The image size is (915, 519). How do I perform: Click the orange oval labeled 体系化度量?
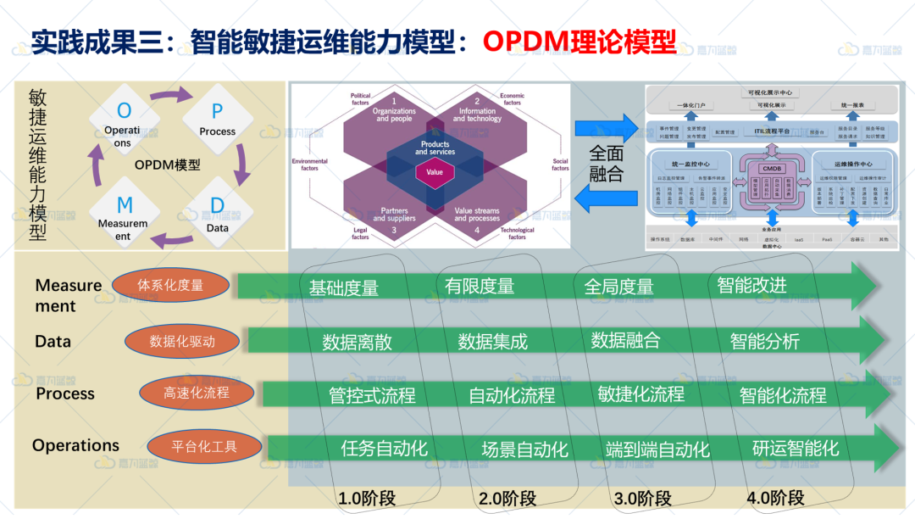pyautogui.click(x=170, y=286)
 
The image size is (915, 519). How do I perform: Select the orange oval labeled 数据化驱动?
pyautogui.click(x=182, y=342)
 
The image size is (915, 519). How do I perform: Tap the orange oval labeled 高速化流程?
pyautogui.click(x=197, y=393)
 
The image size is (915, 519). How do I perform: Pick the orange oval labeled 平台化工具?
pyautogui.click(x=204, y=446)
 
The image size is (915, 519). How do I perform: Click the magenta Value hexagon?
pyautogui.click(x=435, y=172)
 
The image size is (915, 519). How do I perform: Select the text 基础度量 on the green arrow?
pyautogui.click(x=343, y=288)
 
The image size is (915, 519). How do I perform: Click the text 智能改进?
pyautogui.click(x=751, y=285)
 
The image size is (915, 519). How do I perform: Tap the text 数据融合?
pyautogui.click(x=625, y=341)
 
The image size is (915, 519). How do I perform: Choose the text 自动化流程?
pyautogui.click(x=512, y=395)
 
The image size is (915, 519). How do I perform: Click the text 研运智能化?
pyautogui.click(x=796, y=447)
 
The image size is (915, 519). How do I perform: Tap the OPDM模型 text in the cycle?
pyautogui.click(x=168, y=165)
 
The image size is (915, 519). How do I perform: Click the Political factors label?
pyautogui.click(x=360, y=100)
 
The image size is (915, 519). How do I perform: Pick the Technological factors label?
pyautogui.click(x=517, y=233)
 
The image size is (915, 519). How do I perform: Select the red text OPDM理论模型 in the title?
pyautogui.click(x=579, y=42)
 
